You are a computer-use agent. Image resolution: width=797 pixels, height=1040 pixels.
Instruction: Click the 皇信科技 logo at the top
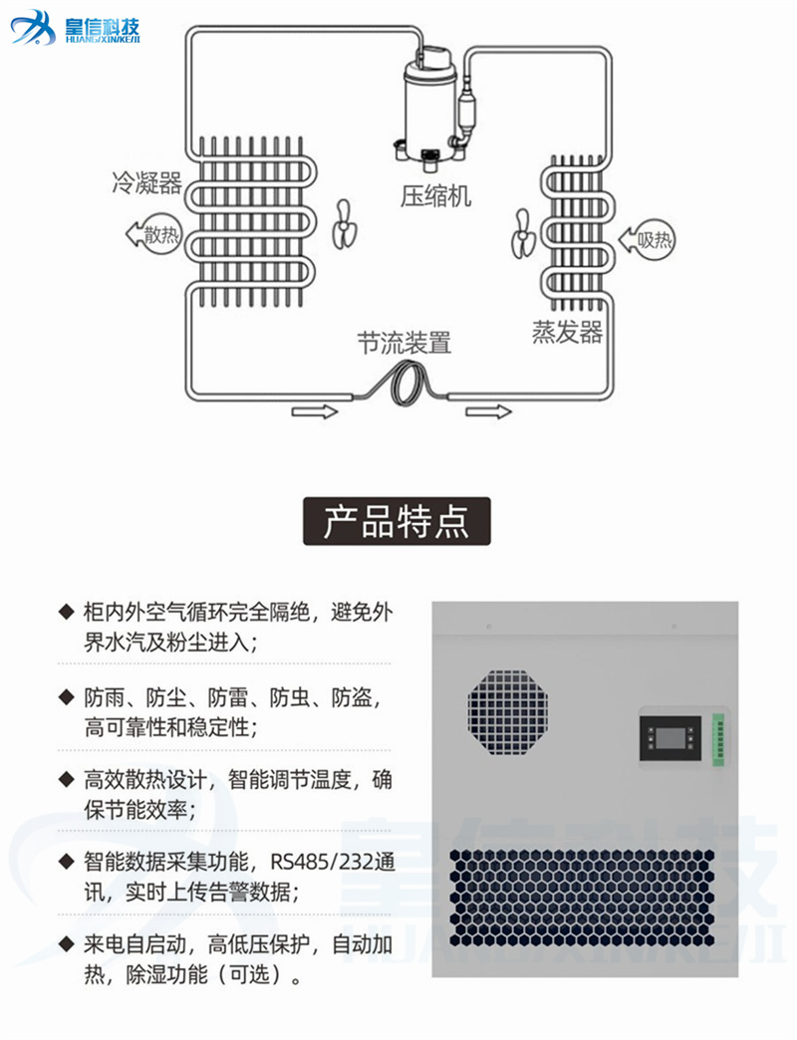[75, 28]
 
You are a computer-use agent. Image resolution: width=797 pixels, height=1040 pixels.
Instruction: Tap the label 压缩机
[435, 195]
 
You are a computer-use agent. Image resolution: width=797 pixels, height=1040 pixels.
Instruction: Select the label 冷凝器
[146, 181]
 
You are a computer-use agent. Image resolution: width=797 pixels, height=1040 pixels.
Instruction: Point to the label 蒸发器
[567, 332]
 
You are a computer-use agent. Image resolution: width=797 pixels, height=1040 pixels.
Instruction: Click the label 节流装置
[403, 343]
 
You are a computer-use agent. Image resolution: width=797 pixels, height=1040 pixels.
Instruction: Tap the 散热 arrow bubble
[153, 233]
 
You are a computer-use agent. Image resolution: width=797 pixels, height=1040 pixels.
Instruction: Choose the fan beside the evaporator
[522, 234]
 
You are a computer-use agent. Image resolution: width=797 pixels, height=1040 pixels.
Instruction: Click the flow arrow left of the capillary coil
[315, 411]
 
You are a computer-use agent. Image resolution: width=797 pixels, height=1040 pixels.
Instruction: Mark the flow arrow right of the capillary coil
[489, 411]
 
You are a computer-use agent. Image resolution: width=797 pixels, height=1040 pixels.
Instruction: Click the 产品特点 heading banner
[397, 521]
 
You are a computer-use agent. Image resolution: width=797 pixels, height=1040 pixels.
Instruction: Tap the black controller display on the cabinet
[669, 738]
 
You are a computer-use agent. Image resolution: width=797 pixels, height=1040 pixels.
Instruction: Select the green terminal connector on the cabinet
[718, 739]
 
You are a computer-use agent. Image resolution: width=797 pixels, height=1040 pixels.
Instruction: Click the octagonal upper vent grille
[508, 712]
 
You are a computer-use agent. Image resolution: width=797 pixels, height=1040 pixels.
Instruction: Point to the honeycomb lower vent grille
[582, 899]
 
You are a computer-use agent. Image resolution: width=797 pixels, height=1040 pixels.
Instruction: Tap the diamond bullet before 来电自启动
[67, 942]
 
